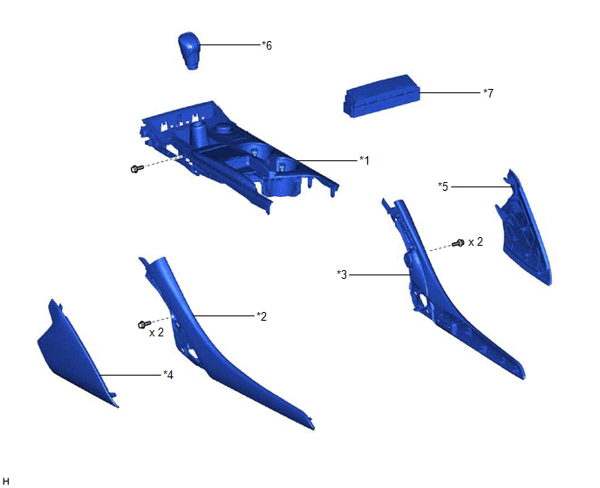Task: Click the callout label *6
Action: pos(267,45)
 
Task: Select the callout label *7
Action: pos(488,93)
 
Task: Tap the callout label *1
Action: pos(365,160)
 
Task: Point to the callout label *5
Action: pos(443,186)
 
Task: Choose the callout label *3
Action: pos(342,274)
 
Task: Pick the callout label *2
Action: pos(262,316)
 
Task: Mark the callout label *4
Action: pos(168,376)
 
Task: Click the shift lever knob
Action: pos(189,51)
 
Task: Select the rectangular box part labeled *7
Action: pos(382,95)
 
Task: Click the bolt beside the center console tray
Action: pos(137,168)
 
